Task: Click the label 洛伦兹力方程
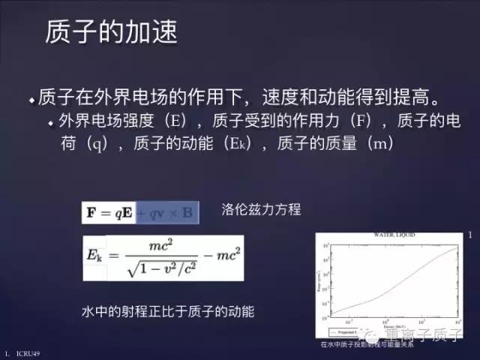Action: [x=261, y=210]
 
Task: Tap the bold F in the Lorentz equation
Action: [x=91, y=213]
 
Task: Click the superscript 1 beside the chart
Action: [x=469, y=237]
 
